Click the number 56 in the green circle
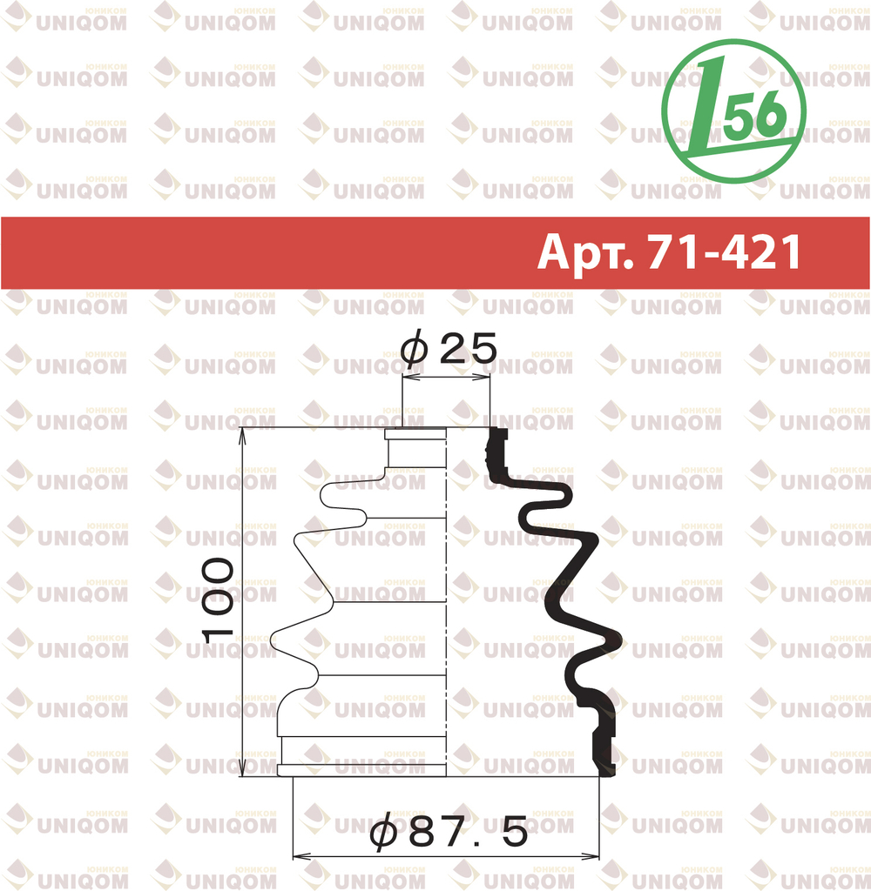(759, 116)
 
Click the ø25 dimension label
(449, 348)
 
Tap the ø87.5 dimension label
(449, 833)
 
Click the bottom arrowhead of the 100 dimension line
(243, 768)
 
